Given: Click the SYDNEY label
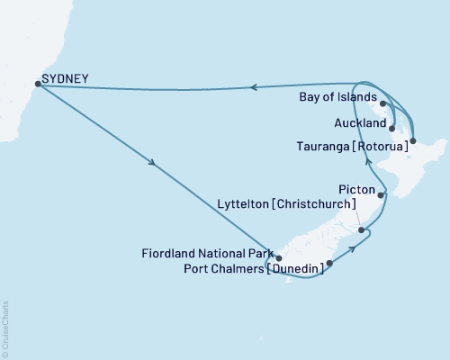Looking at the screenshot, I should [x=66, y=79].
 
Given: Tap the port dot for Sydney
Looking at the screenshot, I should [x=36, y=84].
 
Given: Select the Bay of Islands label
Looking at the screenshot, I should [x=338, y=103].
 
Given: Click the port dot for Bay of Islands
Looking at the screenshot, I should [x=384, y=103].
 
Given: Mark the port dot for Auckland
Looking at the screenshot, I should [x=392, y=128].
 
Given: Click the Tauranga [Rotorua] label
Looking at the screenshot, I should [x=351, y=143].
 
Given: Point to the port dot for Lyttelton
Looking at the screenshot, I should [x=362, y=231].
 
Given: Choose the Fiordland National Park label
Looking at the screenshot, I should [x=206, y=253].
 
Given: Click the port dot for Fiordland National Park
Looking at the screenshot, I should [x=279, y=256].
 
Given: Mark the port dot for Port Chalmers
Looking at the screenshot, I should [x=329, y=264].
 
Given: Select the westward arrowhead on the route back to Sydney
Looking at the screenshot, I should [x=255, y=87].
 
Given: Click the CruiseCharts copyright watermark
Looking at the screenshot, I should [x=6, y=328].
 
